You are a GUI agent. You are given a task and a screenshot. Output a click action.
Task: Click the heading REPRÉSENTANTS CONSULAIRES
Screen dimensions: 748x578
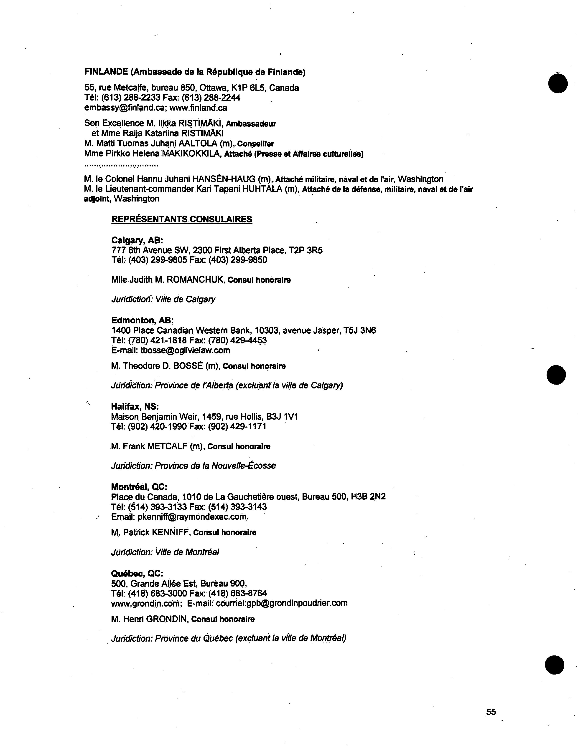pos(182,219)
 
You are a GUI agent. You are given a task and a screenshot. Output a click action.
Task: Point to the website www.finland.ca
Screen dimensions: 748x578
pos(198,108)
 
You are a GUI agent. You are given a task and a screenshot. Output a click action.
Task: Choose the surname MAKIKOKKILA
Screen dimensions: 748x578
pos(191,154)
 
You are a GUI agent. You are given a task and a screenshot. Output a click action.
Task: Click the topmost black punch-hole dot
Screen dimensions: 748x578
pos(558,83)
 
